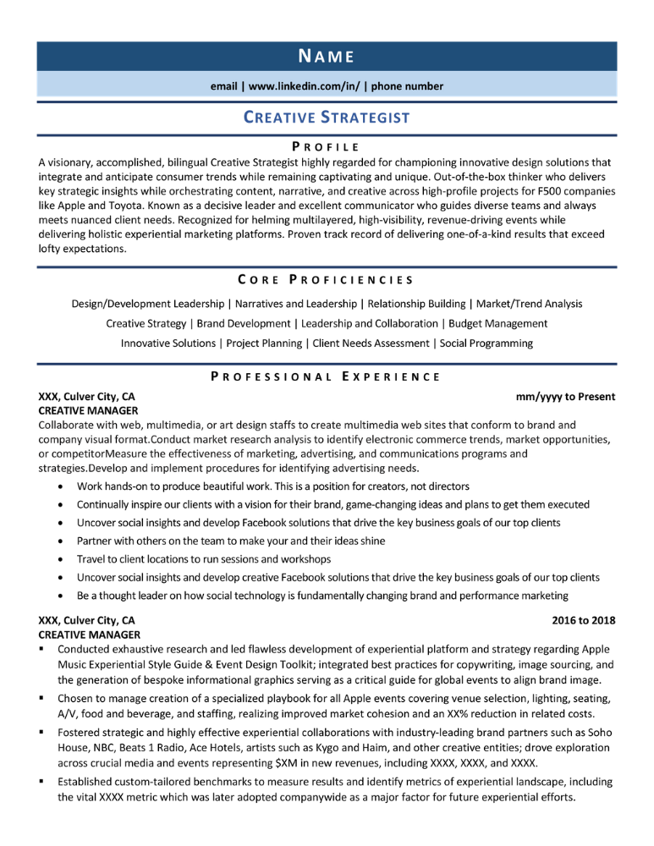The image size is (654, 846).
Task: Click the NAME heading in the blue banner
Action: (327, 56)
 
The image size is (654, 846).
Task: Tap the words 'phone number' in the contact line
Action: (409, 85)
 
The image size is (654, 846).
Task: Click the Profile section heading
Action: (327, 146)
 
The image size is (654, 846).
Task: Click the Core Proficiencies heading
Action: (327, 279)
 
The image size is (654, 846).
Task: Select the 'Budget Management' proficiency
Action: (498, 323)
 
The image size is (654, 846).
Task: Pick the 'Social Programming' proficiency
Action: (486, 343)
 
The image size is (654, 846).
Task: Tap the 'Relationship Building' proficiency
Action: (417, 303)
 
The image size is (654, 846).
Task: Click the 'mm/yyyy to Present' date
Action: (565, 396)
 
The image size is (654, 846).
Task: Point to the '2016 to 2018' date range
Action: (583, 620)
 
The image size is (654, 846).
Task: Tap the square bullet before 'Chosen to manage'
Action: (41, 699)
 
